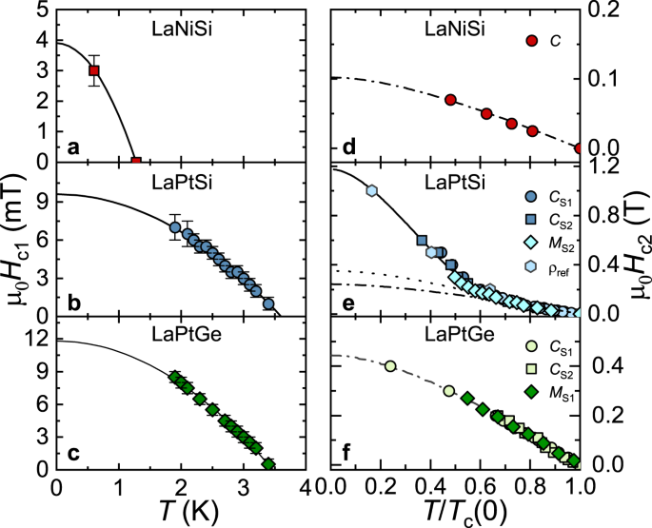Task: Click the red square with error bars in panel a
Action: [93, 70]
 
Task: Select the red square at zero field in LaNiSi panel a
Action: [136, 162]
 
